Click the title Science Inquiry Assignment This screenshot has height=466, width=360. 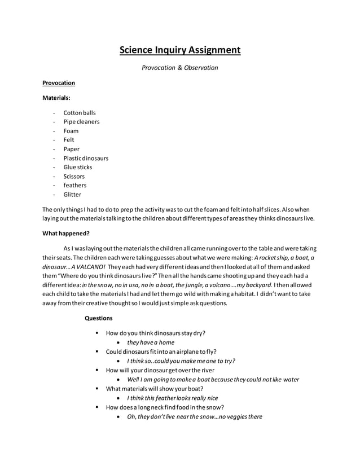(179, 50)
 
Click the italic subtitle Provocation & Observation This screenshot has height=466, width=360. (179, 68)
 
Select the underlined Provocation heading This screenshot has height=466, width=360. (59, 83)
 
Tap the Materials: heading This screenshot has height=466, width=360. (58, 98)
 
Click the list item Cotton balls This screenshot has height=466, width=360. (80, 113)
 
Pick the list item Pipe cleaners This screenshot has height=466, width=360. (81, 122)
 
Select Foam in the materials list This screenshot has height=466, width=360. (71, 131)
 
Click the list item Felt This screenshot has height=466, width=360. (69, 140)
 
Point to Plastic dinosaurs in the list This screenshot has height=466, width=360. (86, 159)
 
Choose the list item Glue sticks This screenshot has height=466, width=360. (78, 167)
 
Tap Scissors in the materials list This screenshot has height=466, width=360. (74, 177)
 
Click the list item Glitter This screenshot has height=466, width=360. (72, 195)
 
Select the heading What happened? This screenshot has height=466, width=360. (66, 233)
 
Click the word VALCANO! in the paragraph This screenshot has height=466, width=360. (88, 266)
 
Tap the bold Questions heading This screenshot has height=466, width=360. (99, 318)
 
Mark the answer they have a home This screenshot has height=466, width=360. (151, 342)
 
